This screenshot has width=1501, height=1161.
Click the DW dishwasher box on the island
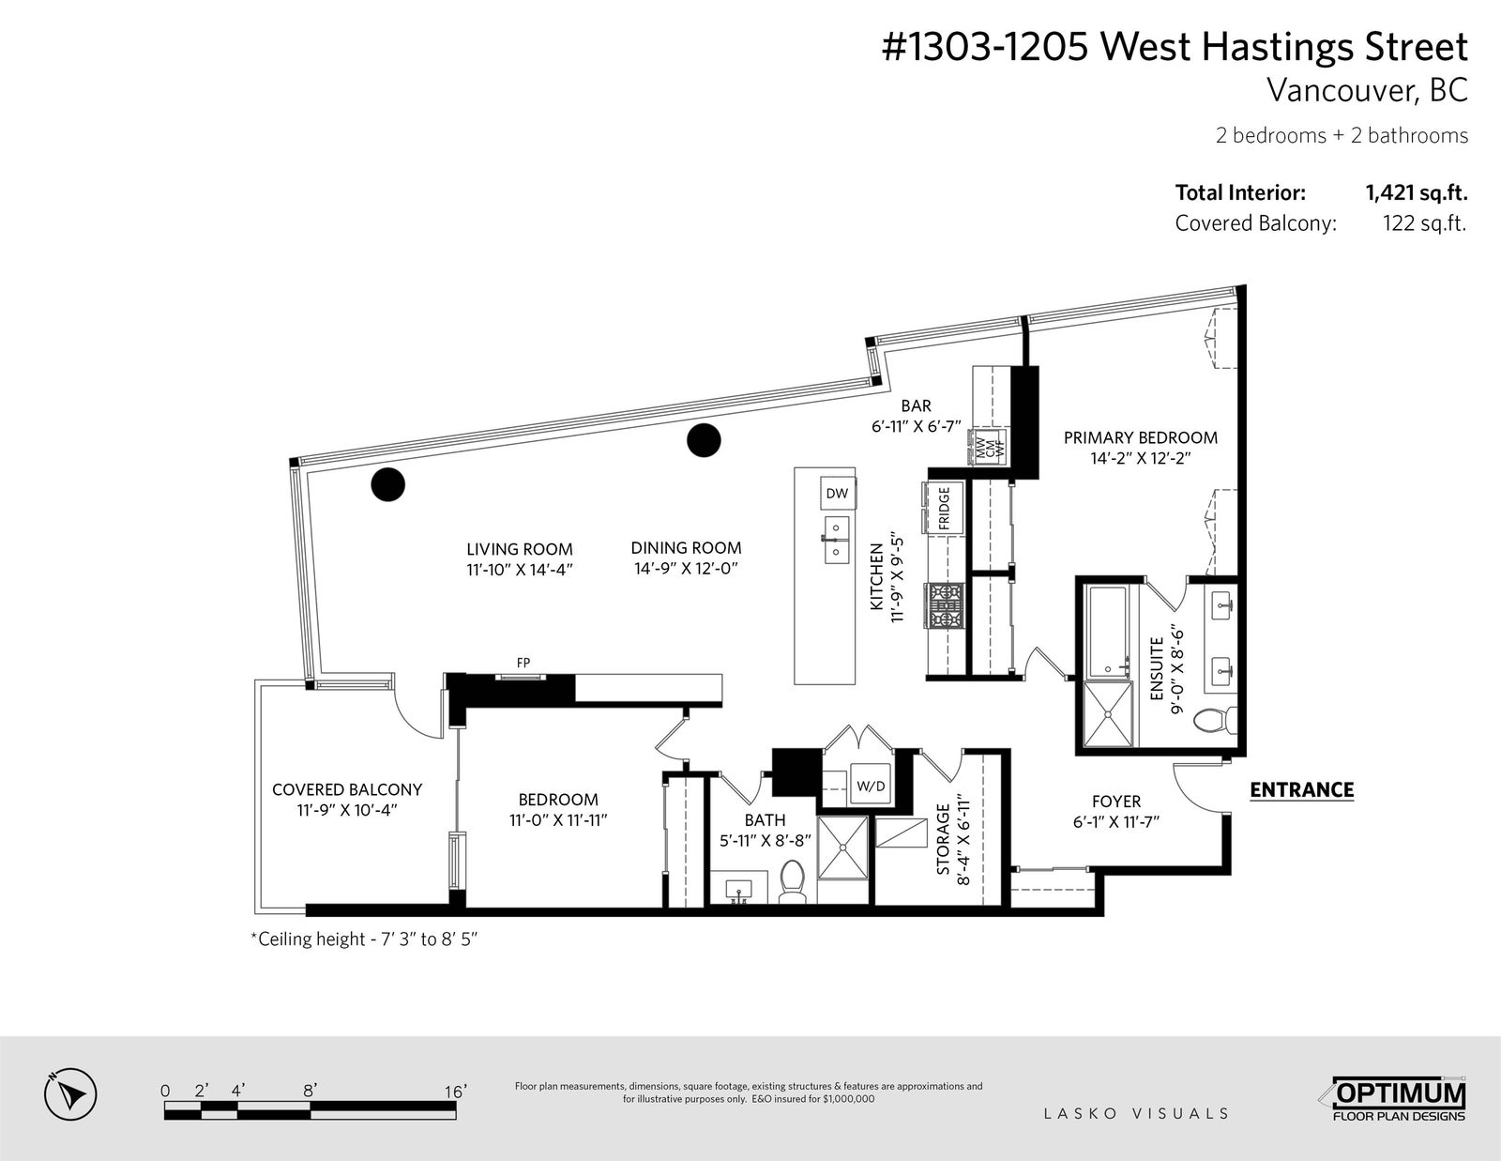[x=837, y=494]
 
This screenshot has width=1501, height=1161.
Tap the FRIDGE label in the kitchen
[x=945, y=508]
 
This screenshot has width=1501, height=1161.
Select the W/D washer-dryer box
[x=871, y=787]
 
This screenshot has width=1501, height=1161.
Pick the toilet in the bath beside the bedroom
[x=793, y=882]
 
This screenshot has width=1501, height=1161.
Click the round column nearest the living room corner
[x=387, y=484]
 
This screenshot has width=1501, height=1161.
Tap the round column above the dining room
[x=704, y=440]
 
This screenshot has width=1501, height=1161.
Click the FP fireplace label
[x=523, y=663]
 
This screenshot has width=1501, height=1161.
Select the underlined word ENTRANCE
[x=1302, y=790]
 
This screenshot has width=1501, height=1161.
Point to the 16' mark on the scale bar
[x=455, y=1092]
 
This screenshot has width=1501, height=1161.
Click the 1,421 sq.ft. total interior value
[x=1417, y=192]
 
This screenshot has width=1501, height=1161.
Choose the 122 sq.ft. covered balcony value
[x=1424, y=223]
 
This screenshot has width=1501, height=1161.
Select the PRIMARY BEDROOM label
[x=1141, y=437]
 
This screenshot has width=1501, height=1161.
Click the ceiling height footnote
[x=364, y=939]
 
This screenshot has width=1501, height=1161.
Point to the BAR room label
[x=916, y=405]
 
